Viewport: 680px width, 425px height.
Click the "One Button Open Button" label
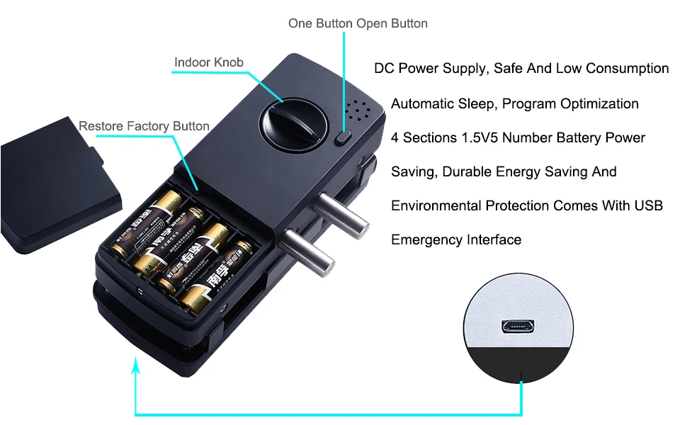coord(358,23)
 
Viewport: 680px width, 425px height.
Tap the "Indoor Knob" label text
coord(209,62)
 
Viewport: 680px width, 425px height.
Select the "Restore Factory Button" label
coord(144,126)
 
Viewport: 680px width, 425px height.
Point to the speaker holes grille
coord(359,110)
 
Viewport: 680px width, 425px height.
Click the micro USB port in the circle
coord(517,327)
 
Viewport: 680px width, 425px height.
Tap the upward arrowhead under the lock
coord(136,366)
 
